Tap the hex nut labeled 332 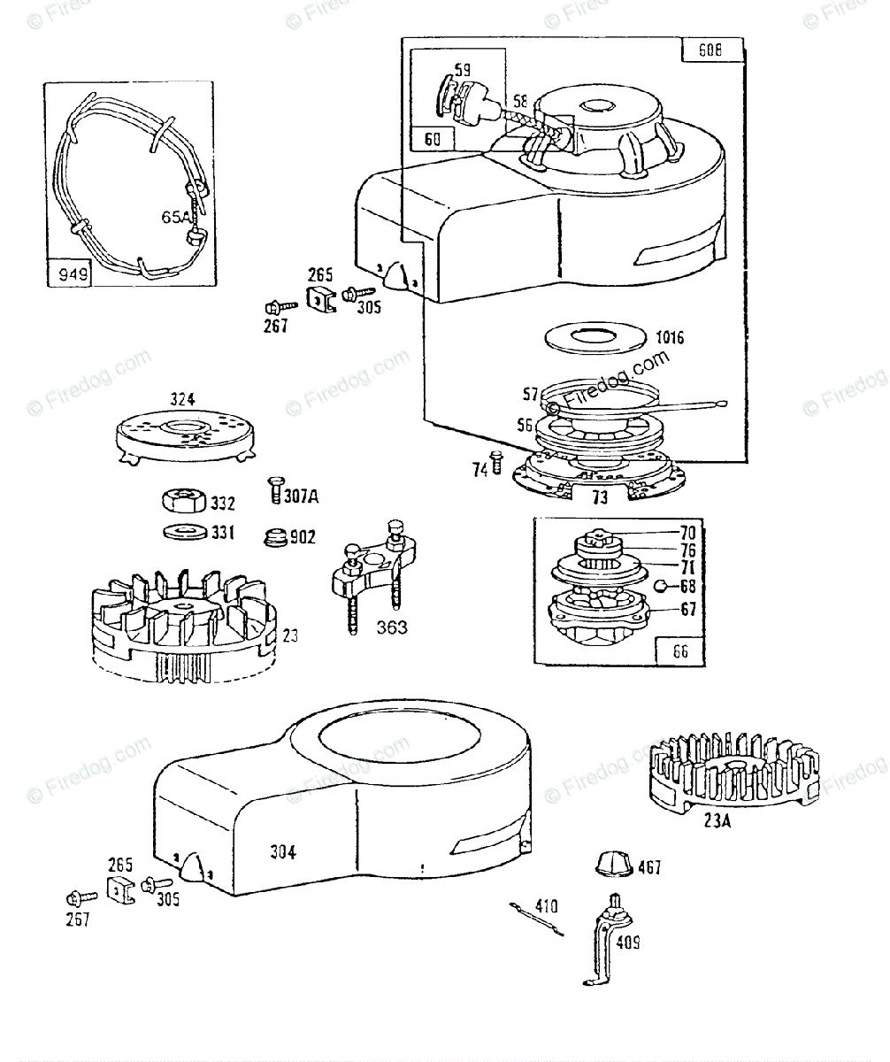pyautogui.click(x=184, y=501)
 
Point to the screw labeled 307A pyautogui.click(x=273, y=489)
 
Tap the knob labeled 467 pyautogui.click(x=612, y=864)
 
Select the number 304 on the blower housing pyautogui.click(x=283, y=852)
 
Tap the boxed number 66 pyautogui.click(x=679, y=652)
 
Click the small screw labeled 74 pyautogui.click(x=496, y=461)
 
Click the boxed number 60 pyautogui.click(x=433, y=138)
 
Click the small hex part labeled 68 pyautogui.click(x=660, y=585)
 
